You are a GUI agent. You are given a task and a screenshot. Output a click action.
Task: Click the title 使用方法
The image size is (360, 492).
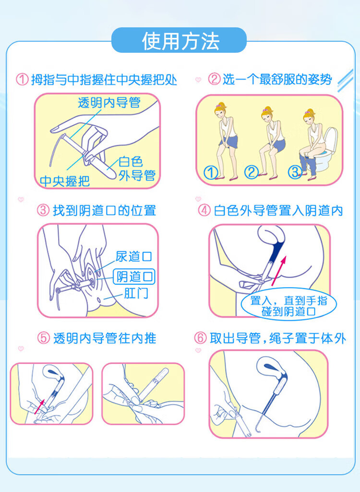180,41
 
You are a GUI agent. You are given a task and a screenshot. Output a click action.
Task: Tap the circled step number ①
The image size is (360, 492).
22,80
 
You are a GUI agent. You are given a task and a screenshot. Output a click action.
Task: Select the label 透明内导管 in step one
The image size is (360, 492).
109,103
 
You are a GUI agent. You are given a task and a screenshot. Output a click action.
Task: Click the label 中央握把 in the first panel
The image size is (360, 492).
65,181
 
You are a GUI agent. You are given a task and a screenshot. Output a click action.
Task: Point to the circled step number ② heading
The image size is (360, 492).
214,79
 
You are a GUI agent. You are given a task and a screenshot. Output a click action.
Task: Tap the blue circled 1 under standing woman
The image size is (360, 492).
210,172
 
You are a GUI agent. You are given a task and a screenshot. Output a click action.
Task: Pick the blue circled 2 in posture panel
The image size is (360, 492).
252,172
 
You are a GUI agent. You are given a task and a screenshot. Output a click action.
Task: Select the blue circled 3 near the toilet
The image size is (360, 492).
295,172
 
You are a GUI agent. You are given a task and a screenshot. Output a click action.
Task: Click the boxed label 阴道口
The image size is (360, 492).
134,277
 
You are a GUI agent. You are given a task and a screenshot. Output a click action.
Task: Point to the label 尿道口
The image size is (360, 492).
134,257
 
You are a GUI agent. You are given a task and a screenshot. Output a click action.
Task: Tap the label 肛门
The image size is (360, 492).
136,293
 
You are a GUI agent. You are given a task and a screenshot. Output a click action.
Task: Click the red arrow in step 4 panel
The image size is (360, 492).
279,271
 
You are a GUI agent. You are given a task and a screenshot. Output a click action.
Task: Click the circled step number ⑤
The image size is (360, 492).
44,338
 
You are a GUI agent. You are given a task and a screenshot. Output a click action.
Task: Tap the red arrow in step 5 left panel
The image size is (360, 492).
39,406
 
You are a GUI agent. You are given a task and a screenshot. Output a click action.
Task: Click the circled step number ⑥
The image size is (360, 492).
200,338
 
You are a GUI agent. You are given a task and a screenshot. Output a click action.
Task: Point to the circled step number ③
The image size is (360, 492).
43,210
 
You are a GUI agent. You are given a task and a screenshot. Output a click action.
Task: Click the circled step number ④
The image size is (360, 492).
204,210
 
